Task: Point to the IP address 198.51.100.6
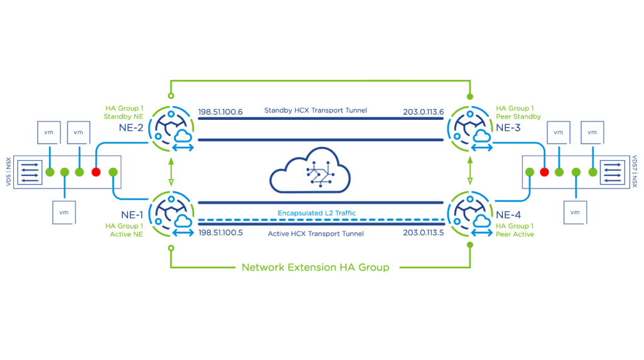coord(221,112)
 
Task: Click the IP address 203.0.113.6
coord(423,112)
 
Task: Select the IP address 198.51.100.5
coord(221,233)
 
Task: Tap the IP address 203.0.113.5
coord(423,233)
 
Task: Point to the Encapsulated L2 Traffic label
coord(317,213)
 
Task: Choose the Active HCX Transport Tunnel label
coord(316,234)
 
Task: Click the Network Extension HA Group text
coord(316,267)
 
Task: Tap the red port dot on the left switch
coord(96,172)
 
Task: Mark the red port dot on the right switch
coord(544,172)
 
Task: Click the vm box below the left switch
coord(64,212)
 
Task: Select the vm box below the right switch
coord(575,212)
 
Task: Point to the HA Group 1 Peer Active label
coord(515,230)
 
